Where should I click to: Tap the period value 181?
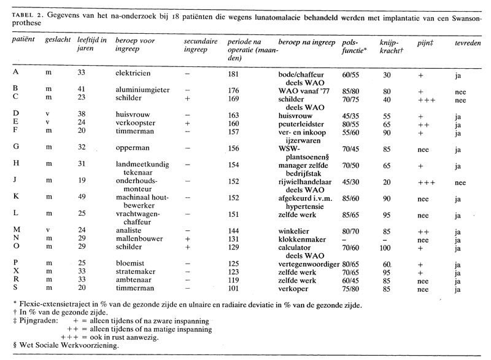point(233,72)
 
